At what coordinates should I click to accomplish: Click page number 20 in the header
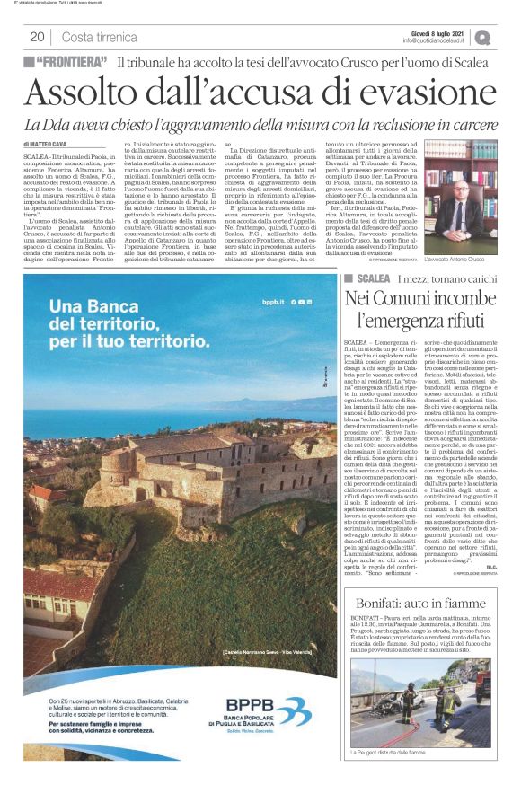[37, 37]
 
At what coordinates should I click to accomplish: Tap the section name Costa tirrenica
[100, 37]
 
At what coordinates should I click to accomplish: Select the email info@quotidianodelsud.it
[435, 40]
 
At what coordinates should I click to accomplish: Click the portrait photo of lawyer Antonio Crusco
[460, 195]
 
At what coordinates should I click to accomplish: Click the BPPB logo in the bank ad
[245, 705]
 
